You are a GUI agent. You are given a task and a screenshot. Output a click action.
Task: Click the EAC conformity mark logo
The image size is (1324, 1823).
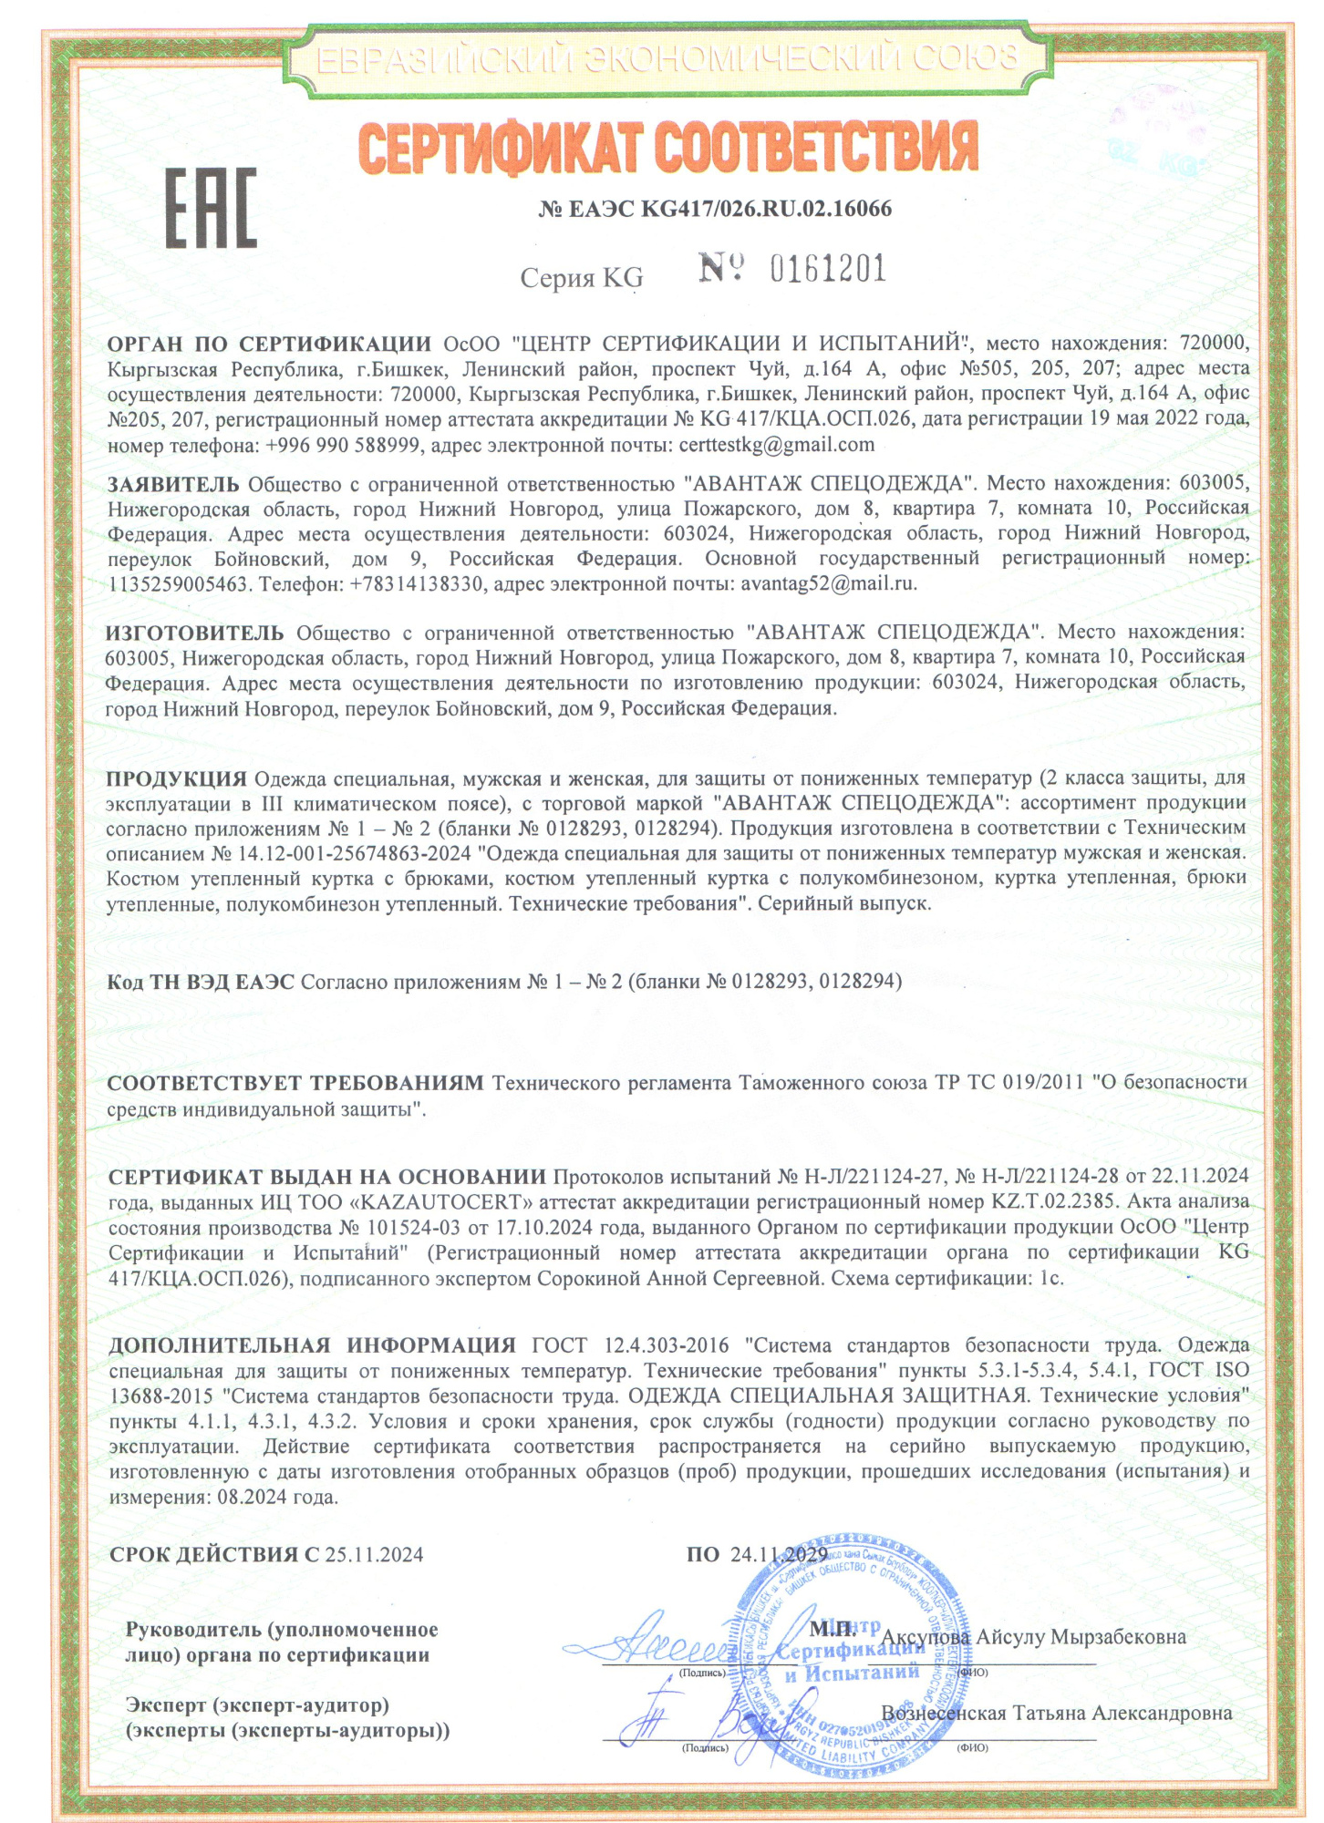pyautogui.click(x=211, y=209)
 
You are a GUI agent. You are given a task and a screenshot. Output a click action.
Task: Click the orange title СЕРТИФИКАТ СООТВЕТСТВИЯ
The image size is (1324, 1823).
pyautogui.click(x=668, y=145)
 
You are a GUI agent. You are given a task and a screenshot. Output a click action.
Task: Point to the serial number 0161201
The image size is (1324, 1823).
pyautogui.click(x=828, y=270)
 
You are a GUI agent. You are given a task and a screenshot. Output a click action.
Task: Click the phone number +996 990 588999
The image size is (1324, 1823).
pyautogui.click(x=343, y=446)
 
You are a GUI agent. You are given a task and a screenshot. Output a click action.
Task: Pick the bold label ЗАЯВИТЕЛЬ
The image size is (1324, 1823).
pyautogui.click(x=173, y=483)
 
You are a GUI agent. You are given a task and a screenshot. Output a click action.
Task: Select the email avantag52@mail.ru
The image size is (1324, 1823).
pyautogui.click(x=828, y=583)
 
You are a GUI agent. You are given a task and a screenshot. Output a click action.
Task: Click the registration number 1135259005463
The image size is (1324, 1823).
pyautogui.click(x=178, y=583)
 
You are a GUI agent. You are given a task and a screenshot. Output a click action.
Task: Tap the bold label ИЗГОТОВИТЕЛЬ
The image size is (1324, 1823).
pyautogui.click(x=194, y=632)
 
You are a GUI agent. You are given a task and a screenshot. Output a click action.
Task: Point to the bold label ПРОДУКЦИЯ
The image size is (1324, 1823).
pyautogui.click(x=176, y=778)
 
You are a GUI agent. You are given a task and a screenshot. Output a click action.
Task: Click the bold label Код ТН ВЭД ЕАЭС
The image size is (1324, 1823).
pyautogui.click(x=201, y=982)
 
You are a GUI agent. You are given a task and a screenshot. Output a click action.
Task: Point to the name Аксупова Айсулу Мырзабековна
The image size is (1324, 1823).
pyautogui.click(x=1033, y=1636)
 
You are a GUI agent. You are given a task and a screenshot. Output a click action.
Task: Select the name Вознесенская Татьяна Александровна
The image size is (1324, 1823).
pyautogui.click(x=1056, y=1713)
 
